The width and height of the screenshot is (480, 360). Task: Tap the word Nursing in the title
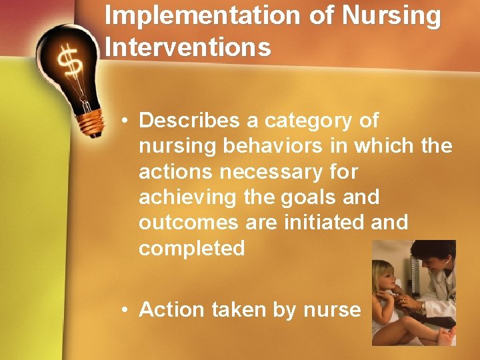coord(393,15)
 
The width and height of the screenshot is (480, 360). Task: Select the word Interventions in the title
coord(188,47)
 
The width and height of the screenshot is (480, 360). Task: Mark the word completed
coord(192,249)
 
